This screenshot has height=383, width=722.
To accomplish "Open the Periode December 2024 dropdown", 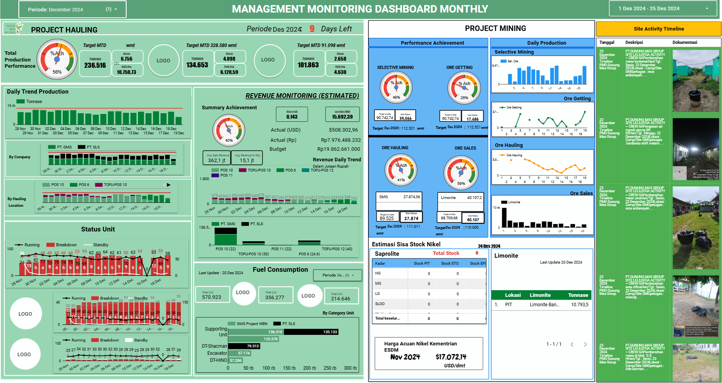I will [73, 9].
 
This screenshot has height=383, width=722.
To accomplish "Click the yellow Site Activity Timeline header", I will [659, 29].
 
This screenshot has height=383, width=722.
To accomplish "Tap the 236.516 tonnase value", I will [95, 65].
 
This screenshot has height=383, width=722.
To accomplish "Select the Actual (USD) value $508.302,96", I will [343, 130].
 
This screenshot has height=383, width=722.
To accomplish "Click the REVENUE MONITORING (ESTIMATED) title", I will [302, 96].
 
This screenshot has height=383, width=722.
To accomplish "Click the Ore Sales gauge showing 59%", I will [461, 173].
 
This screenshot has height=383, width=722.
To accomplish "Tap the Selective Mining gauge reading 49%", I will [396, 87].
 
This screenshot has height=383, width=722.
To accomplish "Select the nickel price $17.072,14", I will [451, 357].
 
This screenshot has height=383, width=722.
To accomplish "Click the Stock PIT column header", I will [422, 264].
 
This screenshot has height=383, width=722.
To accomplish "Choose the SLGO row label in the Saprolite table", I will [380, 304].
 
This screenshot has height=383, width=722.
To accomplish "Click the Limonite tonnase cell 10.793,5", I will [579, 305].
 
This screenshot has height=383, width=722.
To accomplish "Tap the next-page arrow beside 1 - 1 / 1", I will [585, 345].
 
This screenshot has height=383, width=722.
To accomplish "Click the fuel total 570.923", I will [212, 297].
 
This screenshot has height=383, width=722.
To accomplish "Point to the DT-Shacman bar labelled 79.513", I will [244, 346].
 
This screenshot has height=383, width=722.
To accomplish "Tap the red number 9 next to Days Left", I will [312, 29].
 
